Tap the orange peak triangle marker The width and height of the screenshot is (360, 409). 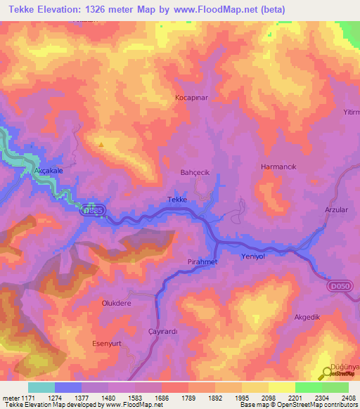tap(101, 145)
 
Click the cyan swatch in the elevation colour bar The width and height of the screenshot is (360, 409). tap(41, 387)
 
